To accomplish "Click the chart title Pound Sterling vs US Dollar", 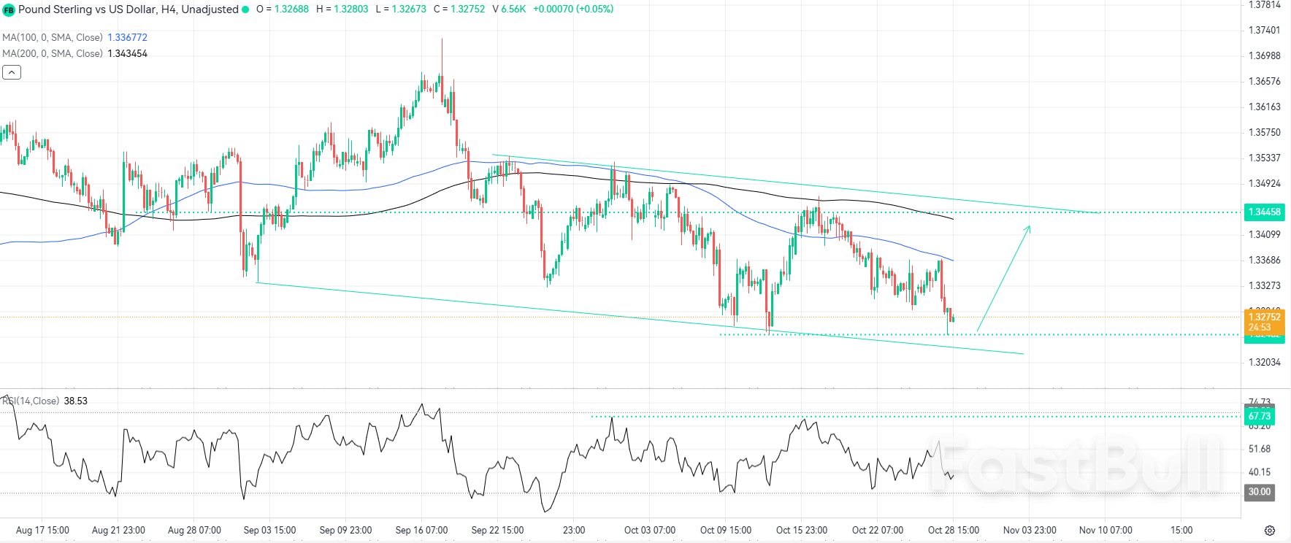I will (128, 9).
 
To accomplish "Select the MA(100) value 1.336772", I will (127, 37).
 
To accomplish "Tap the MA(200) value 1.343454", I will (127, 53).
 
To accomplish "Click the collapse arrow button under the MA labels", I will (12, 72).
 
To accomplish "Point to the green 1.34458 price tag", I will (1264, 212).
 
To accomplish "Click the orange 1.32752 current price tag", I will (1264, 317).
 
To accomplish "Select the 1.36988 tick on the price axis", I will (1264, 55).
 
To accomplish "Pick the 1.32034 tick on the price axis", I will (1264, 362).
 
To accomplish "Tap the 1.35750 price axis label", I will (1264, 132).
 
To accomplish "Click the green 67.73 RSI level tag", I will (1259, 416).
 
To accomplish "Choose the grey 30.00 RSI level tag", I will (1259, 492).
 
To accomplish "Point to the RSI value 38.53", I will (75, 401).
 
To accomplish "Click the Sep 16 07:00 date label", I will (421, 530).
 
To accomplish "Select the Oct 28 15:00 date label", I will (953, 530).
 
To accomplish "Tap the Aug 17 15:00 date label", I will (42, 530).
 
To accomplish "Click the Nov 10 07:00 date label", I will (1106, 530).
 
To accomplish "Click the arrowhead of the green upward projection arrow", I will (1029, 228).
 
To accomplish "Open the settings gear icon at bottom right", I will (1270, 530).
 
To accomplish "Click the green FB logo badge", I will (9, 9).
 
